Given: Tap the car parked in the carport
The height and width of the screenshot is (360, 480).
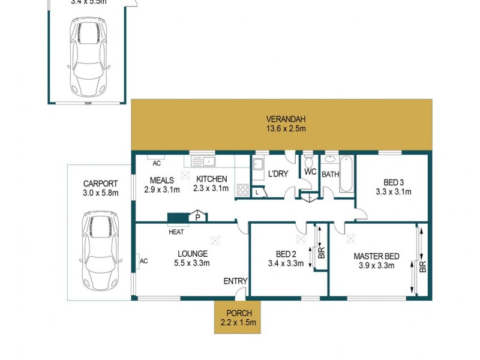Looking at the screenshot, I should coord(98,249).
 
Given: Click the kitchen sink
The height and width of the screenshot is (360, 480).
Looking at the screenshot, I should coord(203,161).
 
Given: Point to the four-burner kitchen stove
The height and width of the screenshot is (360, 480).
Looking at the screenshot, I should coord(243,190).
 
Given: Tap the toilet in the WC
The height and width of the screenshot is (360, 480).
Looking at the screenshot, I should coord(308,162).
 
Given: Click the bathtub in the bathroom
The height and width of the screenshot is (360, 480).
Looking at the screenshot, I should coord(346,175).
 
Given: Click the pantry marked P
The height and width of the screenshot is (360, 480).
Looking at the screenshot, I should coord(197,217).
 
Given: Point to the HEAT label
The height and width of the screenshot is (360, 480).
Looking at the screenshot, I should coord(176,232).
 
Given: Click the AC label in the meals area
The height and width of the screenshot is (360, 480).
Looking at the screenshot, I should coord(157,163).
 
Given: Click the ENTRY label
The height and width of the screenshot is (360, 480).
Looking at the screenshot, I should coord(235,281).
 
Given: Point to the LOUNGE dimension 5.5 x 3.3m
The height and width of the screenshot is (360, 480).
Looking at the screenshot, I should coord(193,263).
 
